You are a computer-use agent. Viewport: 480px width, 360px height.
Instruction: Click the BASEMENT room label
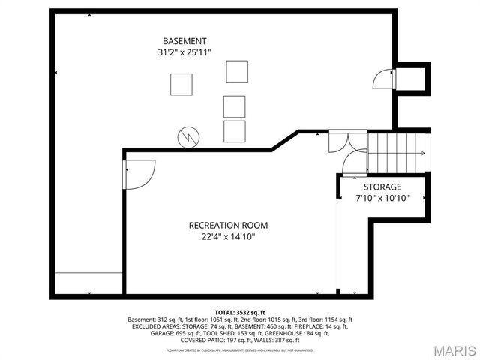click(184, 40)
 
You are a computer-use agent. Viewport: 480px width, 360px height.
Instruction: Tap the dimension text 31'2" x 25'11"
click(184, 52)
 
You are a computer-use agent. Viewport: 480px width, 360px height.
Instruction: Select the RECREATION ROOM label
click(227, 225)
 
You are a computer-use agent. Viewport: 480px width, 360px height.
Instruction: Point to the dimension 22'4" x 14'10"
click(227, 237)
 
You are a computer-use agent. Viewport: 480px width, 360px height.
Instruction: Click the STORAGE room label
click(382, 187)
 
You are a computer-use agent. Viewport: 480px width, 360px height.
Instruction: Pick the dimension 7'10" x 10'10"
click(382, 199)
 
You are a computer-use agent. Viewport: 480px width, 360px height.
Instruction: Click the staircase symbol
click(396, 152)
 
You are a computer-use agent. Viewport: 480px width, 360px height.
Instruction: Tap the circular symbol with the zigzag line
click(187, 136)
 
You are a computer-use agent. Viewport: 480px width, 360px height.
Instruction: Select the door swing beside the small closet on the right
click(382, 79)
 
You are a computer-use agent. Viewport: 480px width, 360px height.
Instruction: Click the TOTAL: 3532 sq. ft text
click(239, 312)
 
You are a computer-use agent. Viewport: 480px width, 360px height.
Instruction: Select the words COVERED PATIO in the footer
click(194, 340)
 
